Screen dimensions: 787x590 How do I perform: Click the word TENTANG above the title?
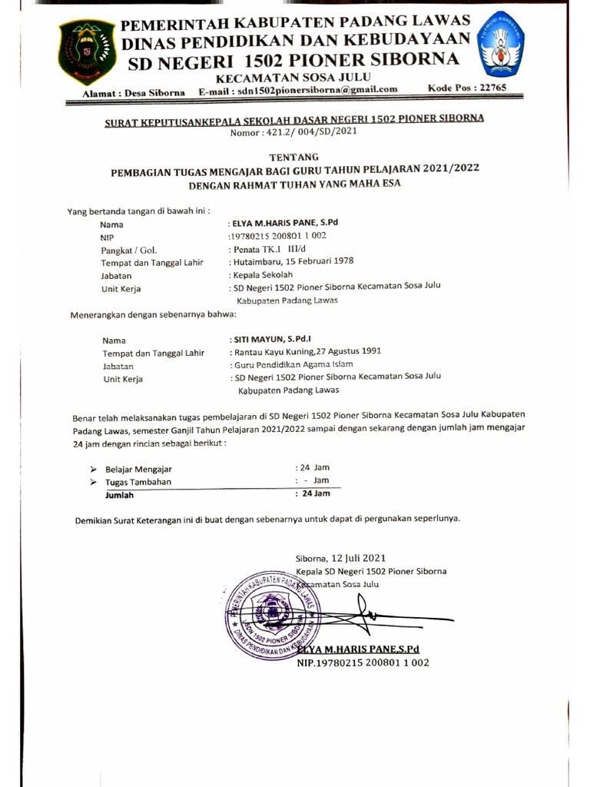[x=293, y=156]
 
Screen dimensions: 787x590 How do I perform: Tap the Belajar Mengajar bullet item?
[x=139, y=469]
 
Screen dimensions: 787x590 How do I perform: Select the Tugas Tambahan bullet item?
[x=138, y=482]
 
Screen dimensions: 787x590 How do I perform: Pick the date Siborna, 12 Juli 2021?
[x=341, y=558]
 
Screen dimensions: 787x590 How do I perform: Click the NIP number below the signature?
[x=363, y=662]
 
